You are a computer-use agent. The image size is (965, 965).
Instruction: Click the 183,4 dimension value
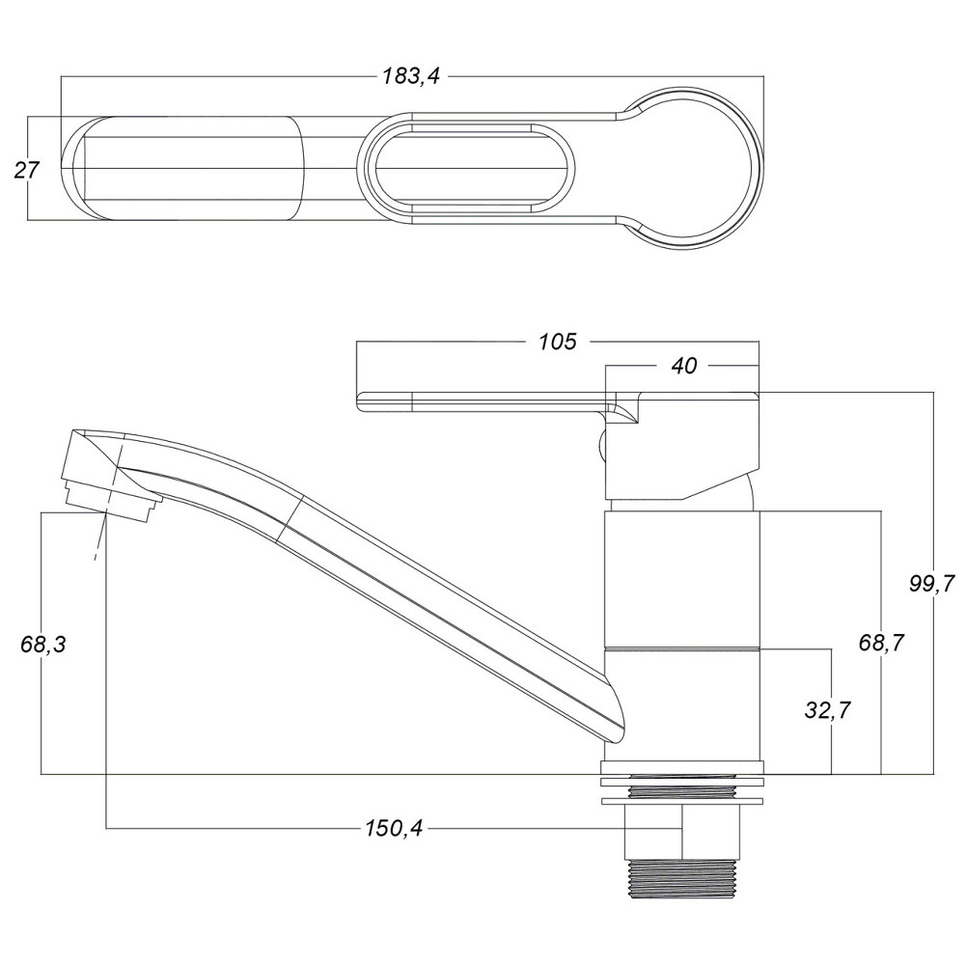click(411, 76)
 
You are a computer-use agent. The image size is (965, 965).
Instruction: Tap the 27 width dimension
click(26, 169)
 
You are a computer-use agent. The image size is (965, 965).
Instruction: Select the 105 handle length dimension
click(558, 342)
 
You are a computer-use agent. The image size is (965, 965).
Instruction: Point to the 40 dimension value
click(684, 366)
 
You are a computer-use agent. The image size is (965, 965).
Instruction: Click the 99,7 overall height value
click(932, 583)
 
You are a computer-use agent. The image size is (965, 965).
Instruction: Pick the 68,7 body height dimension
click(881, 643)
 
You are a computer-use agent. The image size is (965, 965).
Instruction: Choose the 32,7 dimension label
click(828, 710)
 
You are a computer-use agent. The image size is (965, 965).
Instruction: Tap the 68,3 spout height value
click(42, 645)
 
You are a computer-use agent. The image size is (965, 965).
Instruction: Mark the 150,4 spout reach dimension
click(394, 829)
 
